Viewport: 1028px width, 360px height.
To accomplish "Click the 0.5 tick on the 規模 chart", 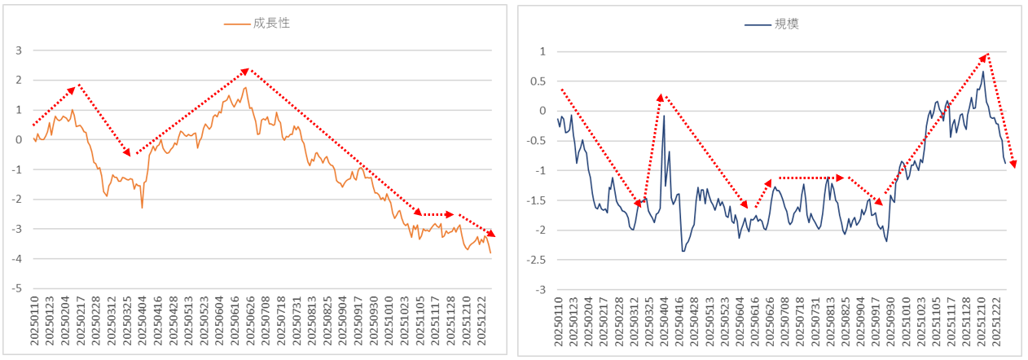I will (537, 81).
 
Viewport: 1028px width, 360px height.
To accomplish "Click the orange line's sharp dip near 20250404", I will (142, 208).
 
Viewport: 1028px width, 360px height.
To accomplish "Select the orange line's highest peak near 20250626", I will (245, 88).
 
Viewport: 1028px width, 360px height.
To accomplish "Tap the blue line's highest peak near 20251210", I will (983, 72).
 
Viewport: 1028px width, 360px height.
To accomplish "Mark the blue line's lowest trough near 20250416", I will (683, 251).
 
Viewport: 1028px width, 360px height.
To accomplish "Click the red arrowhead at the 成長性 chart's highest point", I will (247, 71).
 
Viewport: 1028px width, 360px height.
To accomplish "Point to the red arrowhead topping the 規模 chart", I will (985, 56).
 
